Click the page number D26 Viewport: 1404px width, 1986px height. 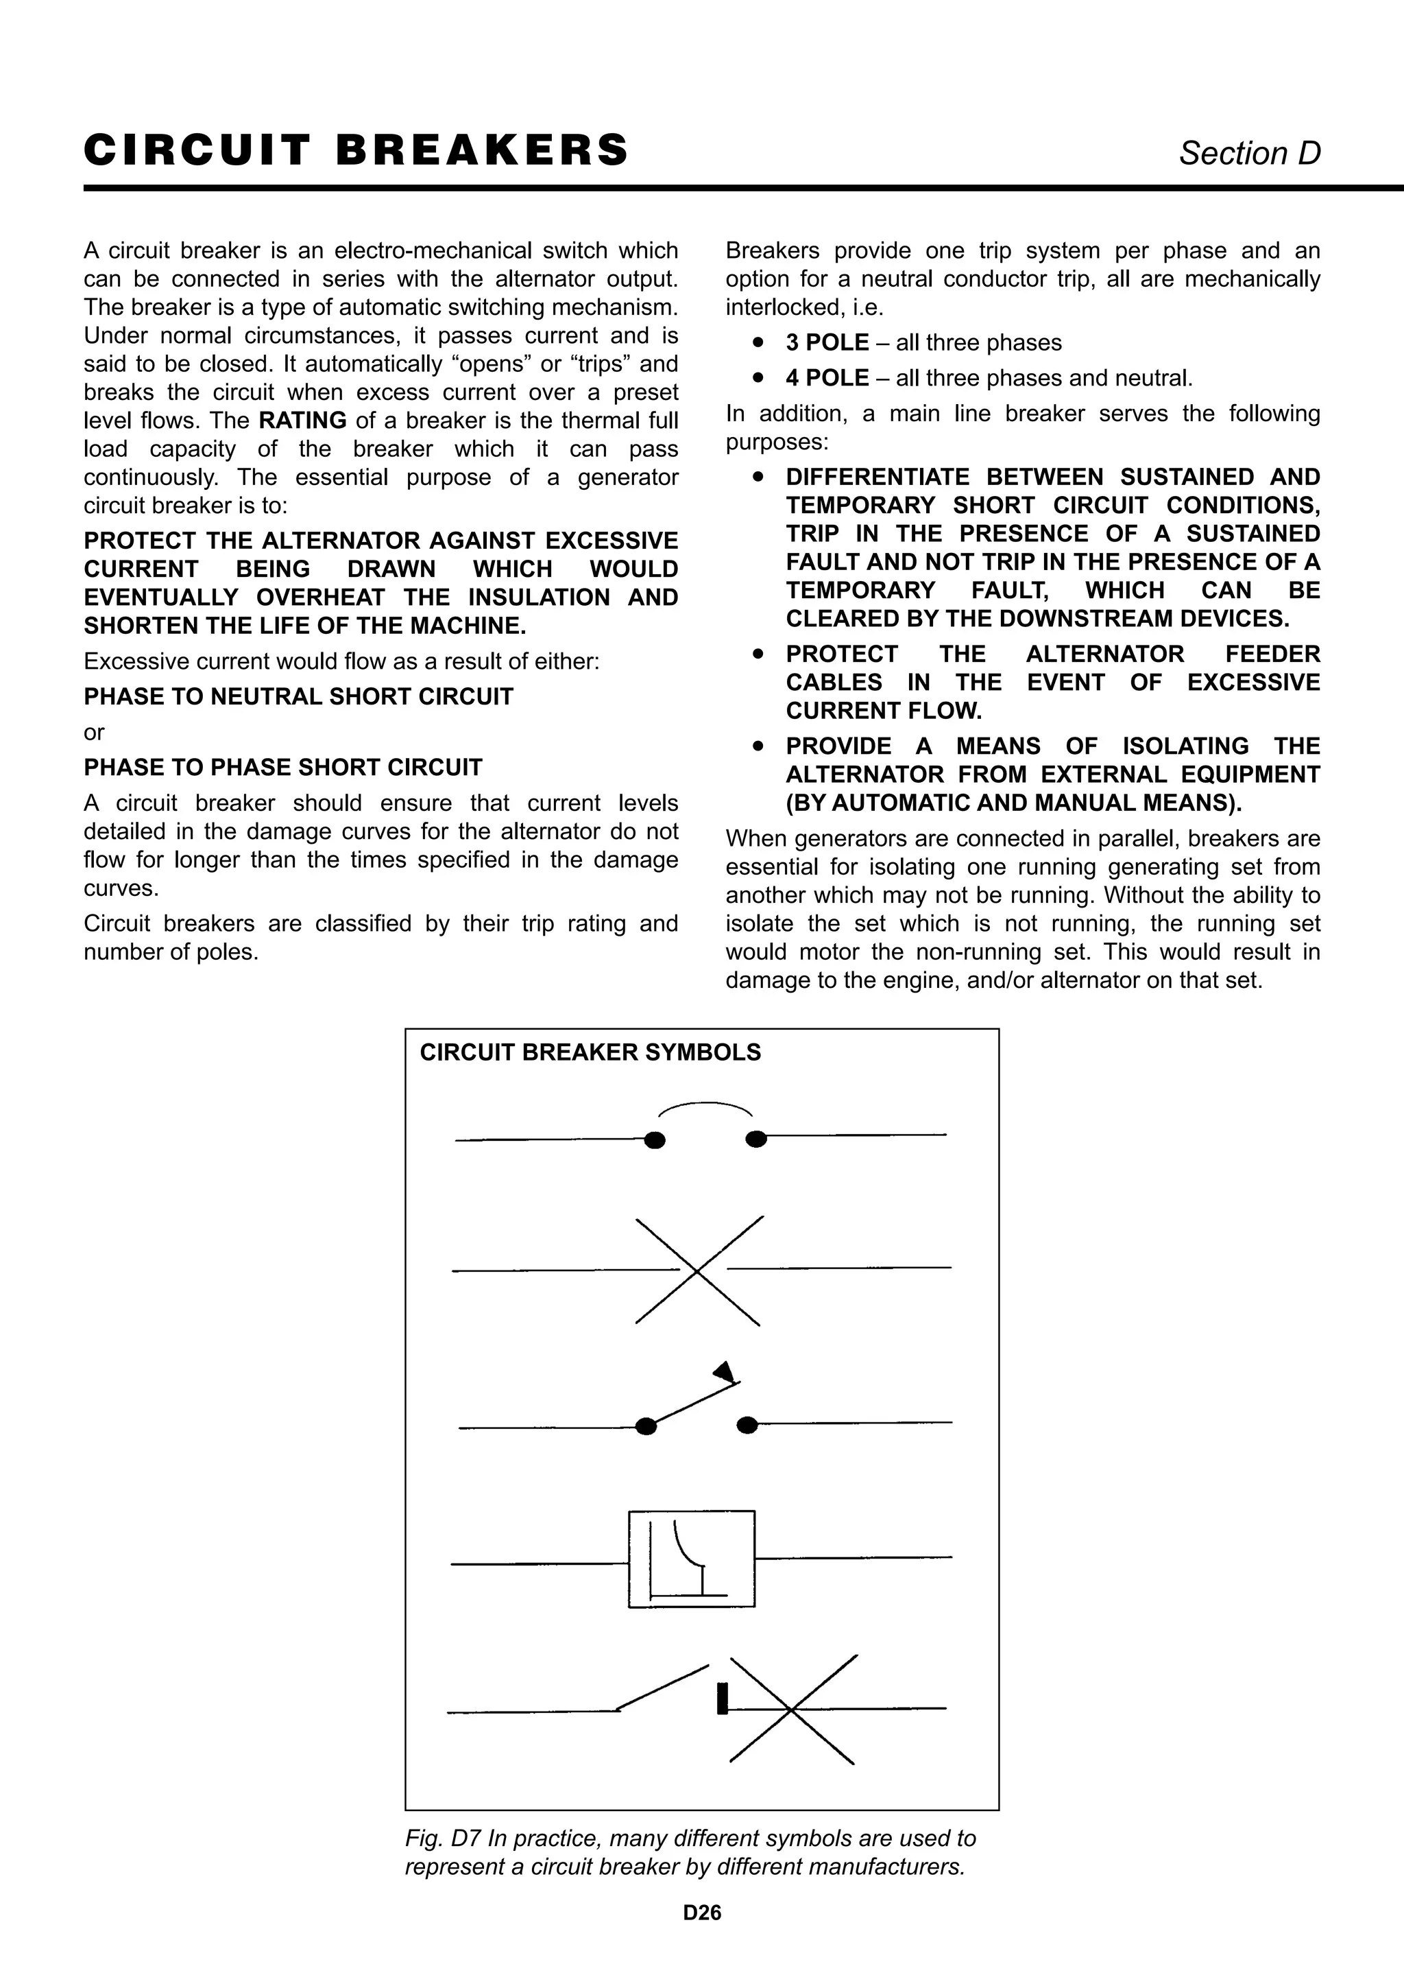701,1913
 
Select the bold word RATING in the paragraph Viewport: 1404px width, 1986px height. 302,421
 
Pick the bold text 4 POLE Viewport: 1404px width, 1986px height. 827,378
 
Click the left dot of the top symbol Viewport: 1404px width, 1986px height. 655,1140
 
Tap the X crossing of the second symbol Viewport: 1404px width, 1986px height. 699,1270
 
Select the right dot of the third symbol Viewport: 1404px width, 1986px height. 748,1426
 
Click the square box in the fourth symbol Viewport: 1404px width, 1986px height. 691,1559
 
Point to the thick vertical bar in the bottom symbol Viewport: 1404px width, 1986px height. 722,1698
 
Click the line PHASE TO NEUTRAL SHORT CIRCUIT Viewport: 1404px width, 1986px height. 298,696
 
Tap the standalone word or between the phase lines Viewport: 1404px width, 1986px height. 93,733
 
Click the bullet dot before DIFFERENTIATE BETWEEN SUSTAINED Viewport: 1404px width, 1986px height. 758,477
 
